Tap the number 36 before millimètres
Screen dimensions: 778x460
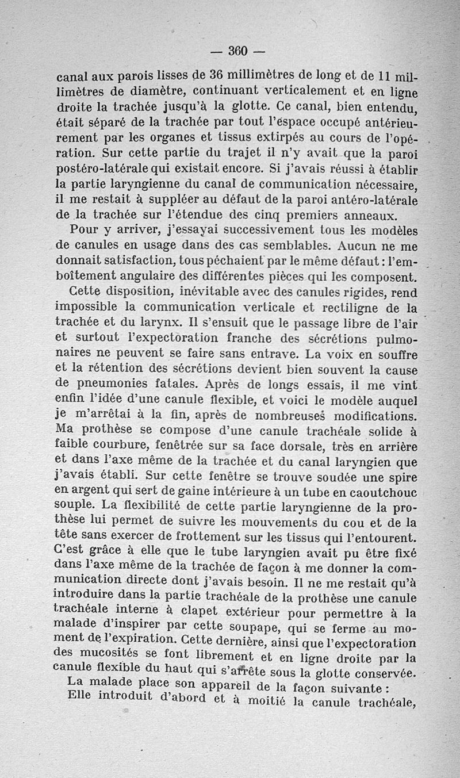(x=217, y=76)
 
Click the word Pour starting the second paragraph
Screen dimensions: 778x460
(x=86, y=230)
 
